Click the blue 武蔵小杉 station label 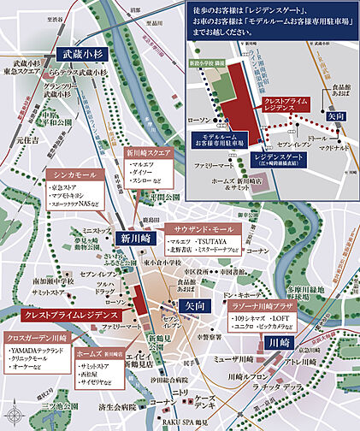[82, 53]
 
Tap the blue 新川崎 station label [135, 239]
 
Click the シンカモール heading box [73, 174]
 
